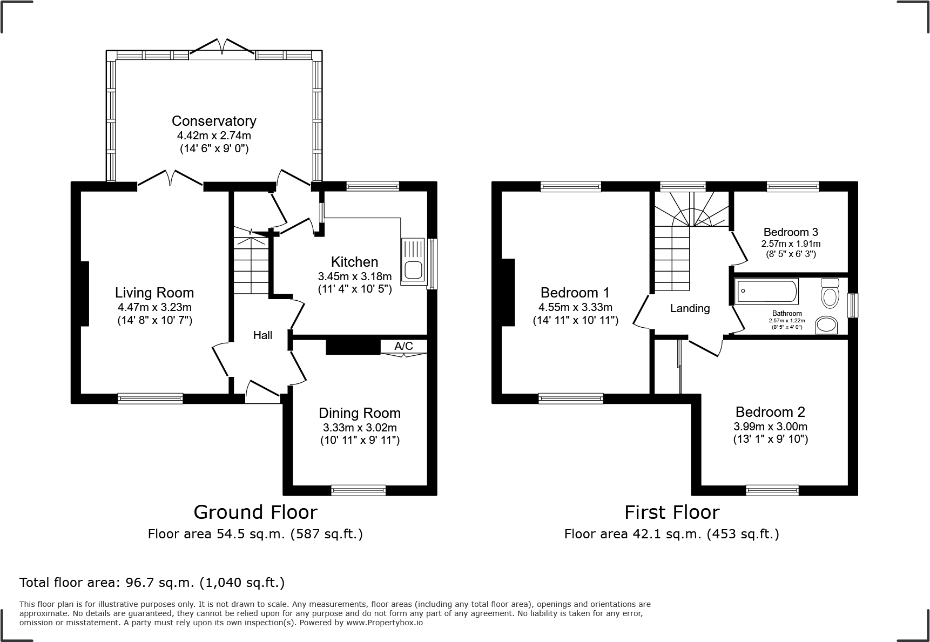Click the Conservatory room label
214,121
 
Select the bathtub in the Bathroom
766,292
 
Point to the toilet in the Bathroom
829,292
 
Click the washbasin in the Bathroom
826,325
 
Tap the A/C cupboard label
403,346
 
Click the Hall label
262,335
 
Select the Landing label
690,308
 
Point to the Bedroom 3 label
790,232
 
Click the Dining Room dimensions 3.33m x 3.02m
360,428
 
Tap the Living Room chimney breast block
85,293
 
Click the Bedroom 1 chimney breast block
508,292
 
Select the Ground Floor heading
255,512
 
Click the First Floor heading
672,512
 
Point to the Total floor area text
152,583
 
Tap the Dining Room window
359,490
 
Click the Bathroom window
852,306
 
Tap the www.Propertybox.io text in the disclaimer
385,623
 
